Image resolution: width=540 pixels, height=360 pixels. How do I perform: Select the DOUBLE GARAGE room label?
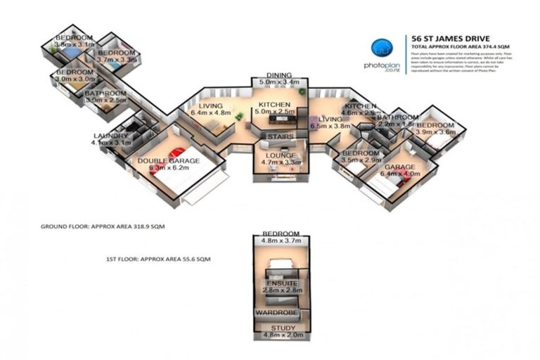pos(169,161)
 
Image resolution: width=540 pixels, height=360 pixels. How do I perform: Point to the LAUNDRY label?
pos(110,136)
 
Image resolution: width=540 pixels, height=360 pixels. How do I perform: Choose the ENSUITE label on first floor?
pos(281,283)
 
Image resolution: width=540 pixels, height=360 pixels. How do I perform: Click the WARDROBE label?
pos(278,311)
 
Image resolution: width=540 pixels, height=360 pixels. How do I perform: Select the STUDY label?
pos(279,328)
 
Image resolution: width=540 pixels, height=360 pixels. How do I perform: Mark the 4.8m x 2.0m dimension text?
pos(279,337)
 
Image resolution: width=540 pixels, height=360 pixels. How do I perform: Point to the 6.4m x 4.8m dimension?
pos(211,111)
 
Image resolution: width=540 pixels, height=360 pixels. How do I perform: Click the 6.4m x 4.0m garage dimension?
pos(399,175)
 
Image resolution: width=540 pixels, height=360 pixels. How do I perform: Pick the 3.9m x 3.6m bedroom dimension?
pos(436,132)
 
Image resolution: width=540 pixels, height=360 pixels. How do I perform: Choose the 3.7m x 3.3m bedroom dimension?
pos(117,60)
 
